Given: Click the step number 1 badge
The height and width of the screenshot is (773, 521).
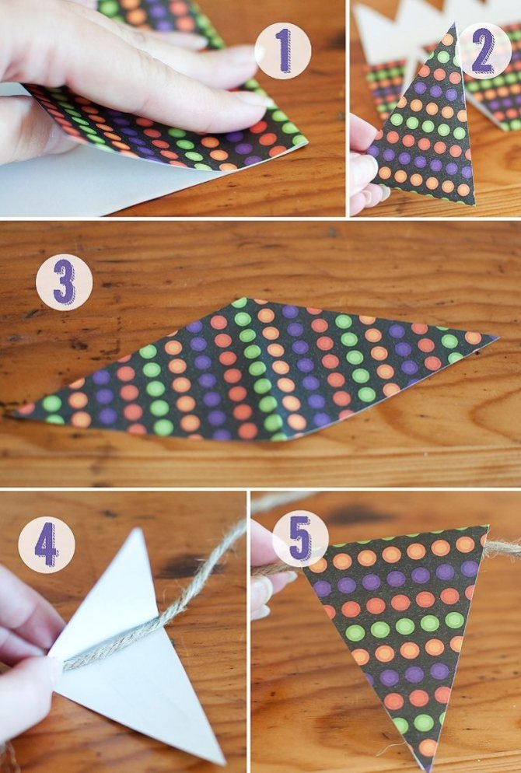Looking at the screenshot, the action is (283, 51).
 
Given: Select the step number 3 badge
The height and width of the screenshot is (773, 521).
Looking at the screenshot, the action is (64, 282).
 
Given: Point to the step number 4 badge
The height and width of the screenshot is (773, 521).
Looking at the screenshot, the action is (47, 544).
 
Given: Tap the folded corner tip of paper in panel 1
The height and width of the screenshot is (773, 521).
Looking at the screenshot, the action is (307, 141).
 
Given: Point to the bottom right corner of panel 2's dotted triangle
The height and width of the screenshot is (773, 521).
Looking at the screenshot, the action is (474, 204).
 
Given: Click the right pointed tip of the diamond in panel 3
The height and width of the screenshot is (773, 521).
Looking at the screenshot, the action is (497, 338).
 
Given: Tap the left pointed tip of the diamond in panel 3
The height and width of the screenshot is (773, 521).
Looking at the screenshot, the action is (15, 413).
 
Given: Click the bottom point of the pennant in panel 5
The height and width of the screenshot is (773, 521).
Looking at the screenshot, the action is (425, 768).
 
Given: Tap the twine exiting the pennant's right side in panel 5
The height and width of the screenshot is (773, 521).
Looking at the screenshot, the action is (503, 547).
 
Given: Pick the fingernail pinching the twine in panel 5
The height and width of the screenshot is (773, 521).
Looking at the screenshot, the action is (261, 596).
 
